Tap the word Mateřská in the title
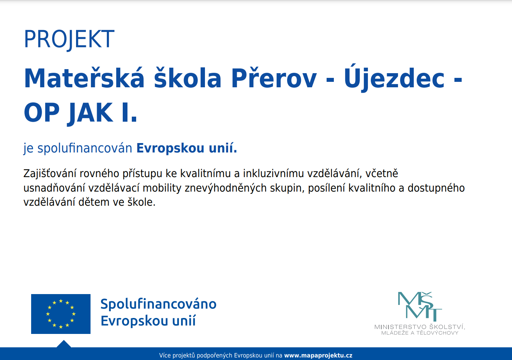click(84, 78)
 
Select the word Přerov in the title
click(274, 78)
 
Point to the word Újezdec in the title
click(394, 78)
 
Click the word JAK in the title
click(90, 113)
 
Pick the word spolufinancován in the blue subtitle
click(85, 148)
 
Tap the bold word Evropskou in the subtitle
click(170, 148)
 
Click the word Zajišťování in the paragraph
click(50, 173)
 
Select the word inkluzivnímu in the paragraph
click(273, 173)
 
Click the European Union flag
click(61, 314)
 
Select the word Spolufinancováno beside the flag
click(158, 304)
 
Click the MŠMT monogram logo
click(420, 306)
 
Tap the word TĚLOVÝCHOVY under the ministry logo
click(437, 333)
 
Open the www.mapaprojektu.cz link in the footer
click(318, 355)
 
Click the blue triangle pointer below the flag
click(64, 344)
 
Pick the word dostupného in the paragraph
click(436, 188)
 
